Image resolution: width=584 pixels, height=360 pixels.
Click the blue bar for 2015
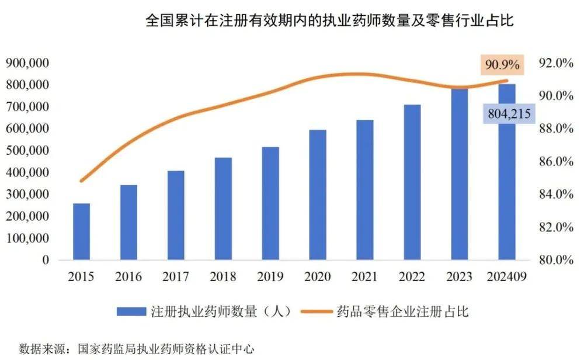click(x=82, y=231)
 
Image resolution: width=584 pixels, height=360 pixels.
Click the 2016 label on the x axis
click(x=128, y=278)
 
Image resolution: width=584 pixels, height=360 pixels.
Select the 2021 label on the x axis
click(x=365, y=278)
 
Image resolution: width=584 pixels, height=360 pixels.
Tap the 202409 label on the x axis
click(x=506, y=278)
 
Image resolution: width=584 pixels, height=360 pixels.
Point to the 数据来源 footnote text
click(x=137, y=349)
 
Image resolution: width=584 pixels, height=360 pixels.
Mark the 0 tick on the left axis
click(x=46, y=260)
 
